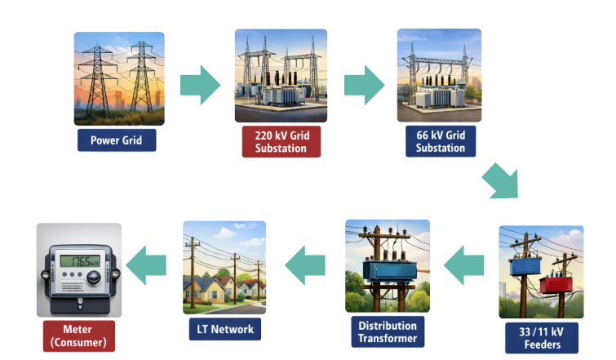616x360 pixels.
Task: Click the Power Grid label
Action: point(116,140)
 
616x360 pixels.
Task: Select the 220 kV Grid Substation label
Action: point(281,140)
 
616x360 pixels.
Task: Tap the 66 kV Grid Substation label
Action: point(441,140)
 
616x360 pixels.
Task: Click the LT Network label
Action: point(224,330)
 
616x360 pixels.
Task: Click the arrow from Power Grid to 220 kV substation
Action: point(200,82)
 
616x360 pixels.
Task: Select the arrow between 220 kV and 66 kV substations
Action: point(363,82)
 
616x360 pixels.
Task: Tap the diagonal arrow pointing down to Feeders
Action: point(500,182)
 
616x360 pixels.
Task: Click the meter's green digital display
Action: point(80,263)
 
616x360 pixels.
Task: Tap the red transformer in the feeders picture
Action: point(557,284)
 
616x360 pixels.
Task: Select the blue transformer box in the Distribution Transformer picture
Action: point(386,270)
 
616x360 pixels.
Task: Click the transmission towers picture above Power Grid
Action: point(119,78)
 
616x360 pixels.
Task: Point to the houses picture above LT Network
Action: point(224,267)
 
